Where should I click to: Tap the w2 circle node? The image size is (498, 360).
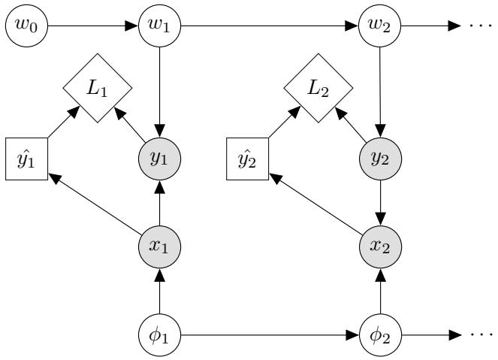coord(381,26)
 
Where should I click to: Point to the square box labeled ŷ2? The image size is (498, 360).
coord(247,159)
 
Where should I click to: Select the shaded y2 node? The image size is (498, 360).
coord(381,159)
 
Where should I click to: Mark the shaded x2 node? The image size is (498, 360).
coord(381,245)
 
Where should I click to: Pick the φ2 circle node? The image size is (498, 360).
coord(381,331)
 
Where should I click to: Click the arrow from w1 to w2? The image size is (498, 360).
coord(270,26)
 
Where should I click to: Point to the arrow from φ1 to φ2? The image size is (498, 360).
coord(270,331)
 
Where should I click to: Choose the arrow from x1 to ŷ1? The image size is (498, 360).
coord(94,203)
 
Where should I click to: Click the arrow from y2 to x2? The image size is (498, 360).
coord(381,202)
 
